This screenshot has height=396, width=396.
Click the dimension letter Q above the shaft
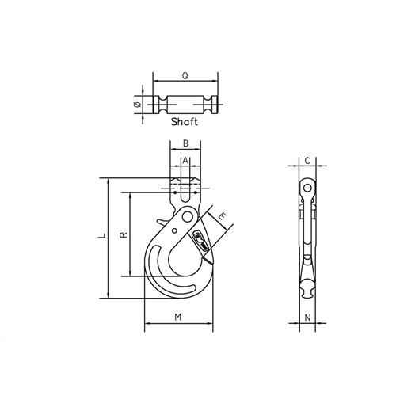point(185,76)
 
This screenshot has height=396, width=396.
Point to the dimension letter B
point(185,144)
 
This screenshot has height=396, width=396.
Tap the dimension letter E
point(223,215)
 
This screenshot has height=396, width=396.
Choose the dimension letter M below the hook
point(178,318)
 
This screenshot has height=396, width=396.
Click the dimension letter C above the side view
point(306,161)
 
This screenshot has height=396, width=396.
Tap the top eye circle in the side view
point(306,187)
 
